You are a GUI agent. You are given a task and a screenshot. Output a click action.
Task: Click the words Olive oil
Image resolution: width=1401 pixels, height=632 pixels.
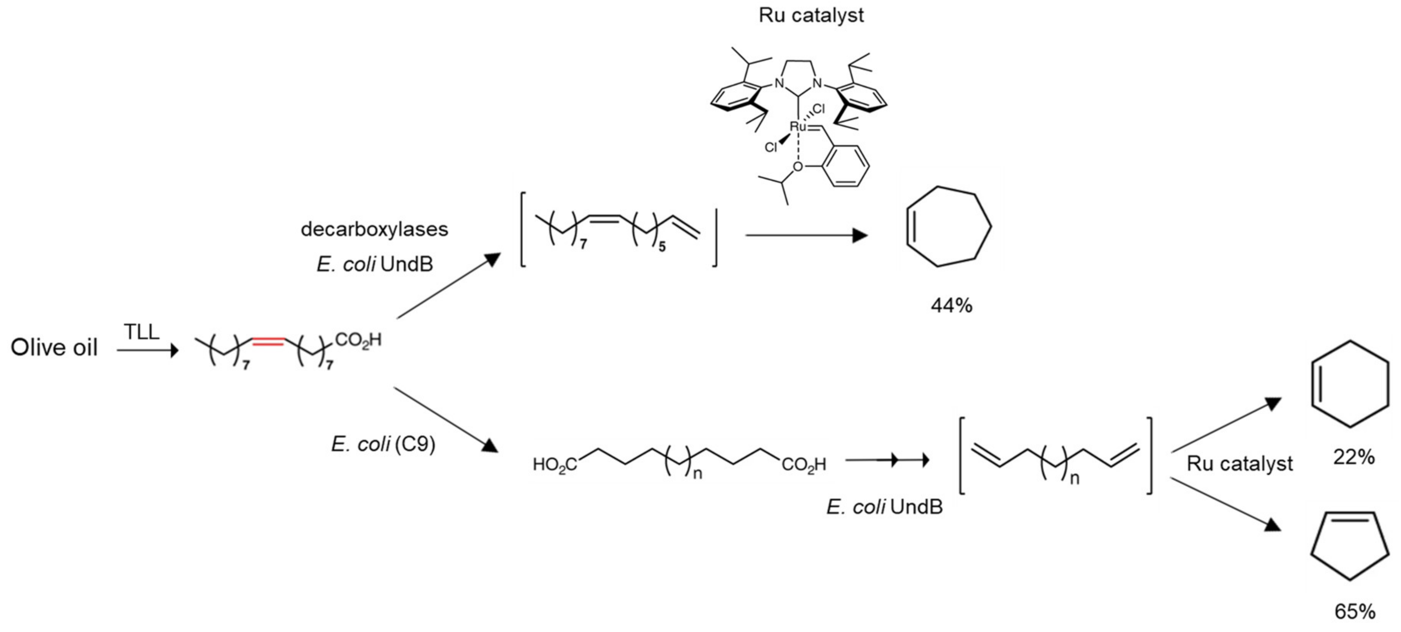(54, 347)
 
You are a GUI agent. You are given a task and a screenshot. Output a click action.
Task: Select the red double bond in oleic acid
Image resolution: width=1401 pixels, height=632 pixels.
(267, 341)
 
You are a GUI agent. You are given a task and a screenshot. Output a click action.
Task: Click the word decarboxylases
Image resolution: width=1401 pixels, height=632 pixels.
(374, 229)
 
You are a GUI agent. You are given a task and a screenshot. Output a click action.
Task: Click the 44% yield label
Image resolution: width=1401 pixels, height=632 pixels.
(951, 306)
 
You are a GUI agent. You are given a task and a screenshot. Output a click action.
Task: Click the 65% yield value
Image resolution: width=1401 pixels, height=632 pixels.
(1355, 612)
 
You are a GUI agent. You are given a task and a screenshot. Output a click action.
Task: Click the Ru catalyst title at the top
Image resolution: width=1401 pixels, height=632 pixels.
(811, 15)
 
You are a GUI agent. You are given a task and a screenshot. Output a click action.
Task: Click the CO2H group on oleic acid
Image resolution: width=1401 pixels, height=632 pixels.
(358, 340)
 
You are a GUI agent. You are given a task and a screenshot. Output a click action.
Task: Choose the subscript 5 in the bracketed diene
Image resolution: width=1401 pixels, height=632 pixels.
(662, 247)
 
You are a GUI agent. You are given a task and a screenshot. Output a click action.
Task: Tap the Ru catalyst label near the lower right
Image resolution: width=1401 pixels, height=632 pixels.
(1239, 463)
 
